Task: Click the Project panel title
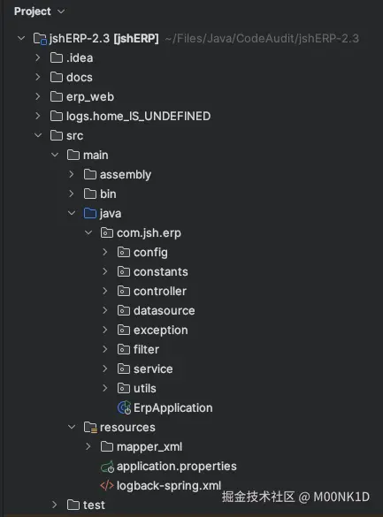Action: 32,11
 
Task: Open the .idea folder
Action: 79,57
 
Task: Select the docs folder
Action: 79,77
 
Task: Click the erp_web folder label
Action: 90,96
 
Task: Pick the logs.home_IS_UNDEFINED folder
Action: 138,116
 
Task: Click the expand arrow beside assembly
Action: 72,174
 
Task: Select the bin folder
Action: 107,194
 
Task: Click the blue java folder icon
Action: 89,213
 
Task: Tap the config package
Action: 149,252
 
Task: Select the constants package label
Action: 160,271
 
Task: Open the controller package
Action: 159,291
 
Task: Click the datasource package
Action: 164,310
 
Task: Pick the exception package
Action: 160,330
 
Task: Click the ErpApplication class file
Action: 172,407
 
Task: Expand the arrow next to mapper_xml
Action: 88,446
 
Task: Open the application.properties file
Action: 176,466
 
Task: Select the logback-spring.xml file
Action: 168,485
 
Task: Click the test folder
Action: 93,505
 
